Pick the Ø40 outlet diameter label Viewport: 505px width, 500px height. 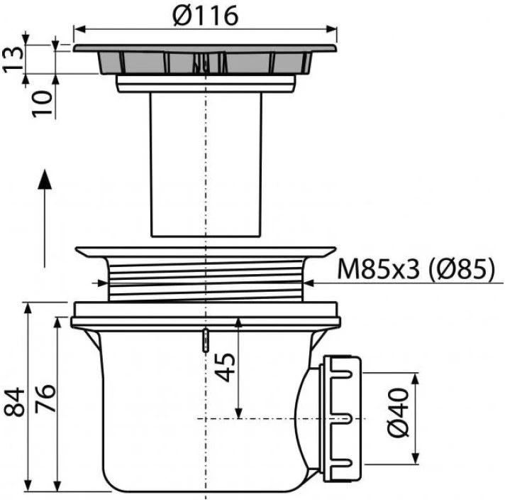pyautogui.click(x=398, y=414)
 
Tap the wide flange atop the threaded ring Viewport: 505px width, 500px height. pyautogui.click(x=206, y=252)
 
